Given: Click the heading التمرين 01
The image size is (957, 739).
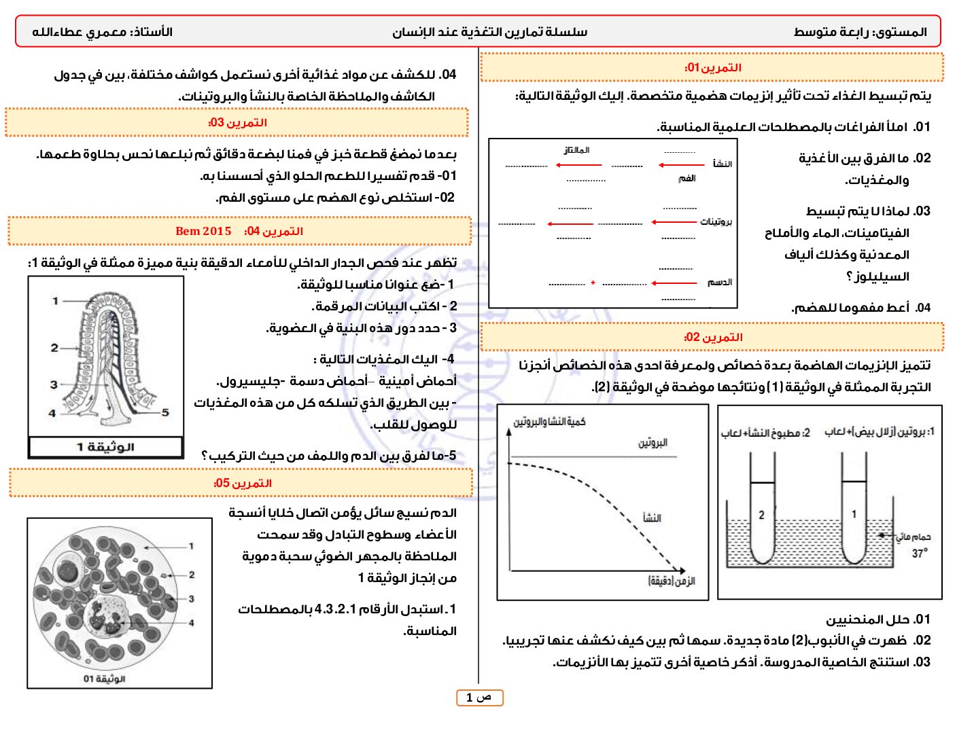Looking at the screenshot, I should click(712, 68).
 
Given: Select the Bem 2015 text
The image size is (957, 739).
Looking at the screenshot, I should click(203, 232).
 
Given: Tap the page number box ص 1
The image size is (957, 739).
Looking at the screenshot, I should click(479, 698).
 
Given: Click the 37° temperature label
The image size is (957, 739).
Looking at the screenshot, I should click(919, 554).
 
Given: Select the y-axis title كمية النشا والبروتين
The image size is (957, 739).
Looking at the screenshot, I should click(549, 422).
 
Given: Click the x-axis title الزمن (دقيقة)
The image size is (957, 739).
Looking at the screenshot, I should click(672, 581).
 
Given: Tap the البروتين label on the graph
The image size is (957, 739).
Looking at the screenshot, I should click(652, 443).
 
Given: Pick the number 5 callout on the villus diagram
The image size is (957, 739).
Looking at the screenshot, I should click(165, 412).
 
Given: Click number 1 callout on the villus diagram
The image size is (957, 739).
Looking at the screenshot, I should click(56, 300).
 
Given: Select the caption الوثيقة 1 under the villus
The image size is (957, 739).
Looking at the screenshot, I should click(105, 447).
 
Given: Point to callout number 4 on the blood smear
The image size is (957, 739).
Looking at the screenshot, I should click(192, 622).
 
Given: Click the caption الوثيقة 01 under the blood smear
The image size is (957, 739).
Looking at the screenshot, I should click(104, 679).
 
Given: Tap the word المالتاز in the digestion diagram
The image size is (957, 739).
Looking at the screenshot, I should click(576, 150).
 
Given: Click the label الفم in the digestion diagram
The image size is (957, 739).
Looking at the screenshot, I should click(687, 179).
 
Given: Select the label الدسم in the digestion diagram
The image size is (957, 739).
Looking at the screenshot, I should click(720, 283).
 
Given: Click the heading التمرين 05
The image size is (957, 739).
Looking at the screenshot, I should click(243, 484).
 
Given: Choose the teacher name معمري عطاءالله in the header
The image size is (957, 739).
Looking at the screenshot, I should click(79, 32).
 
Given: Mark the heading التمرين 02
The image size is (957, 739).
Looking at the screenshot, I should click(713, 338).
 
